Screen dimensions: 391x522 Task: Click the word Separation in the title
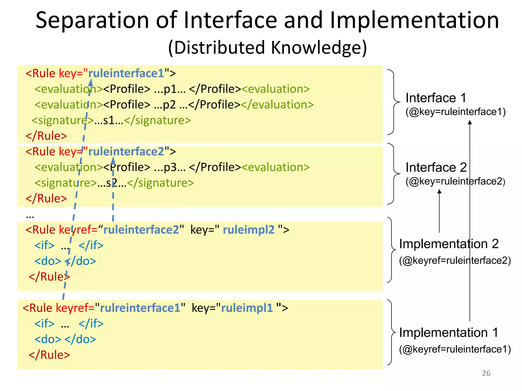[x=92, y=20]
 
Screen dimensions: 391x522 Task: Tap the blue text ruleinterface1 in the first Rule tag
[x=126, y=73]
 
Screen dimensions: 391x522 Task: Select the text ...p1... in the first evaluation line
[x=170, y=89]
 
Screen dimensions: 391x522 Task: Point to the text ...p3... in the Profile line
[x=170, y=167]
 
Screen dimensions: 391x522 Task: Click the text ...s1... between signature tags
[x=109, y=120]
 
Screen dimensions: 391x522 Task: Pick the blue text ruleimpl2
[x=249, y=230]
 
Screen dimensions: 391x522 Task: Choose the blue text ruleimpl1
[x=247, y=308]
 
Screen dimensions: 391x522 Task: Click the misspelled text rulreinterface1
[x=140, y=308]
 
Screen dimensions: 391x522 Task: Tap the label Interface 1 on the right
[x=436, y=98]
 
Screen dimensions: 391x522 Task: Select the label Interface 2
[x=436, y=167]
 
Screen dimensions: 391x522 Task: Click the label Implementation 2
[x=449, y=244]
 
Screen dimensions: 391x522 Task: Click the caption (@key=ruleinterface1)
[x=455, y=112]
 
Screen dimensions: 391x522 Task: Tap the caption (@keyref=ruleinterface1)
[x=455, y=349]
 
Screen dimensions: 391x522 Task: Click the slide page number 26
[x=486, y=373]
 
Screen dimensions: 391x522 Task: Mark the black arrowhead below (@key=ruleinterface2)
[x=439, y=191]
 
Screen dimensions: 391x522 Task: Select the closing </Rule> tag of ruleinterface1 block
[x=46, y=136]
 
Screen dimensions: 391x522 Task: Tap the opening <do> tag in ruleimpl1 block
[x=48, y=339]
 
